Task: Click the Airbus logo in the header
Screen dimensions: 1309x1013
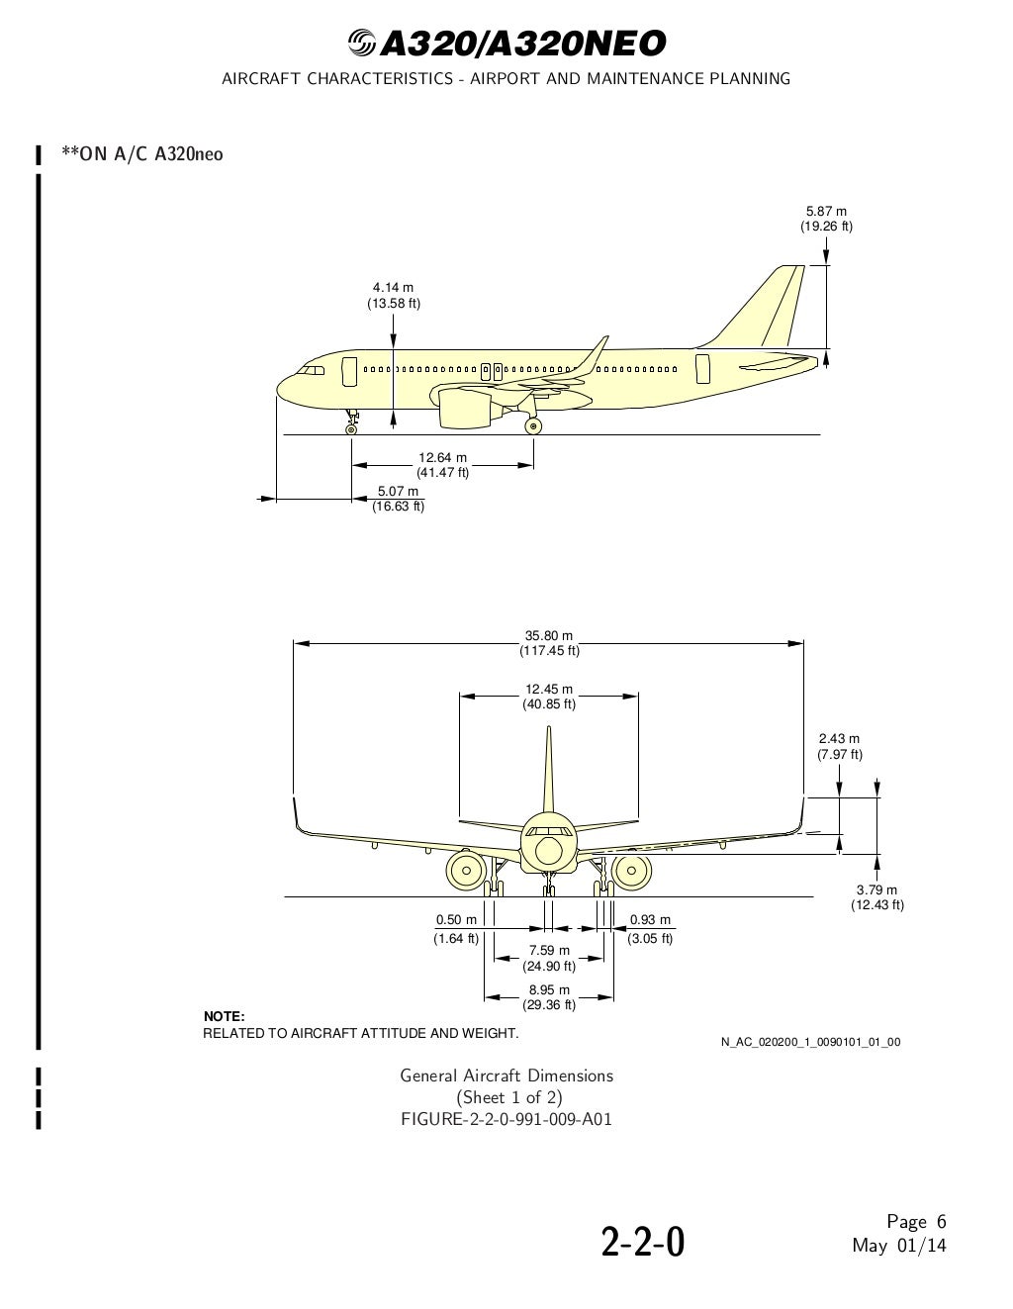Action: pos(362,44)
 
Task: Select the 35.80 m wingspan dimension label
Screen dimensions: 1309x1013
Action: pos(549,643)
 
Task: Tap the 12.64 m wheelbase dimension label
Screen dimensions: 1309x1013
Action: pos(442,465)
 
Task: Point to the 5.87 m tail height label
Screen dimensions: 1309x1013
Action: pos(826,219)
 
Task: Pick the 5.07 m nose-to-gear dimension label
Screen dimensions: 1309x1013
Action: pos(398,499)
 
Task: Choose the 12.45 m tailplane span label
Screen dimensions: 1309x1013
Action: pos(549,697)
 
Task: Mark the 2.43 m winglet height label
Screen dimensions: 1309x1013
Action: pos(839,746)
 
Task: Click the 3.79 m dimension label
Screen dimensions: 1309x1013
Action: pos(876,896)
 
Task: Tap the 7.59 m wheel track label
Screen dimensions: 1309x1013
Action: pos(549,958)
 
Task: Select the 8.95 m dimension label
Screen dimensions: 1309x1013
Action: pos(549,997)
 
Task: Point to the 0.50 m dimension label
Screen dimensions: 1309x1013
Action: pos(456,928)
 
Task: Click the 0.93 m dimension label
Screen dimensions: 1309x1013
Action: pos(650,928)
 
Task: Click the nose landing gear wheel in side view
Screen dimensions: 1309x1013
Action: pos(350,428)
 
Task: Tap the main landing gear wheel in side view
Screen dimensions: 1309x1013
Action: pos(534,426)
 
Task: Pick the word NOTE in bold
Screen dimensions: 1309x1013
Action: pos(224,1016)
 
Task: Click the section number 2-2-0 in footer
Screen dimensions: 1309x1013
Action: pos(643,1243)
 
